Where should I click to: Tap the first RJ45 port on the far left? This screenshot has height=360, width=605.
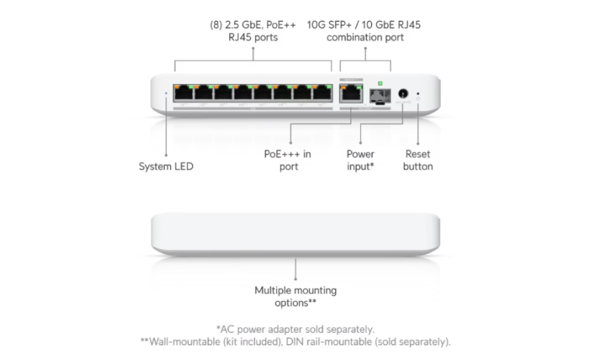point(184,93)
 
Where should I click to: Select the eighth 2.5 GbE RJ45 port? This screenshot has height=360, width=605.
point(322,93)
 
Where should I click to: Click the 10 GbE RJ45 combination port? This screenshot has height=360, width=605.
point(351,94)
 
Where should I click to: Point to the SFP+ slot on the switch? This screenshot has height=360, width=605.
point(379,95)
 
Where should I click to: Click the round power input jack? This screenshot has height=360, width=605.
point(403,94)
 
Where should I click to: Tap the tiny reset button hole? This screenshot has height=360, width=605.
point(418,95)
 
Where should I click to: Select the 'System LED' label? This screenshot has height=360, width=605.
point(166,166)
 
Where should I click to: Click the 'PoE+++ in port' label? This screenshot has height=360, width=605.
point(287,160)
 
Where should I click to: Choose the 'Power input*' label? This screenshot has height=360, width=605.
point(360,160)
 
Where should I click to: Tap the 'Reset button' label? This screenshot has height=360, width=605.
point(417,160)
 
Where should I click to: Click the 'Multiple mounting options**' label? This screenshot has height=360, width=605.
point(296,296)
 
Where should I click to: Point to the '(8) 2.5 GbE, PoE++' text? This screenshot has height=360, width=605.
point(253,25)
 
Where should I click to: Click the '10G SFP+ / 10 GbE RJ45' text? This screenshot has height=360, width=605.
point(365,25)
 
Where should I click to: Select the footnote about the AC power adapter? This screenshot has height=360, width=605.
point(296,329)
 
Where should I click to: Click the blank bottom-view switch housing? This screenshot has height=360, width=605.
point(296,231)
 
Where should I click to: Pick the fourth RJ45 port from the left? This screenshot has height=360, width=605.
point(243,93)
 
